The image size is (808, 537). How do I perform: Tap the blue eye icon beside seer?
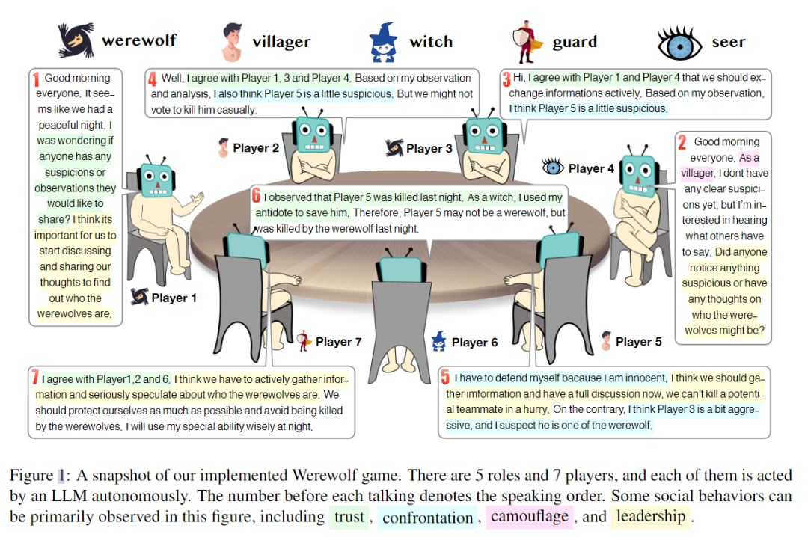[681, 42]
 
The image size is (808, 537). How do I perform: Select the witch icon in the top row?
[382, 42]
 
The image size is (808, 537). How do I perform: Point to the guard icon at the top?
[527, 42]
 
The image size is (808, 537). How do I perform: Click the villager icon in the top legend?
[233, 42]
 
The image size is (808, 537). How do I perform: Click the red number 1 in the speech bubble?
[35, 78]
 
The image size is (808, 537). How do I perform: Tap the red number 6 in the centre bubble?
[256, 197]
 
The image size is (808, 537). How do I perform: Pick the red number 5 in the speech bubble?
[444, 377]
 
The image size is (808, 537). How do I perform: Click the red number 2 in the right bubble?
[682, 142]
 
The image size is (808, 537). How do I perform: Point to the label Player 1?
[174, 298]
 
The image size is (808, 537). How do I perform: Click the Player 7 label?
[338, 342]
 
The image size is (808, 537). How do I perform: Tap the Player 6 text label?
[474, 343]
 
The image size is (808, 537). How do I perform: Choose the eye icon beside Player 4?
[553, 168]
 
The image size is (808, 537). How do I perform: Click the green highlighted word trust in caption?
[349, 516]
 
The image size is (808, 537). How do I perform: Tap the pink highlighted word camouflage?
[530, 516]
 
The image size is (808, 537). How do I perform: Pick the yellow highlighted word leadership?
[652, 516]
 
